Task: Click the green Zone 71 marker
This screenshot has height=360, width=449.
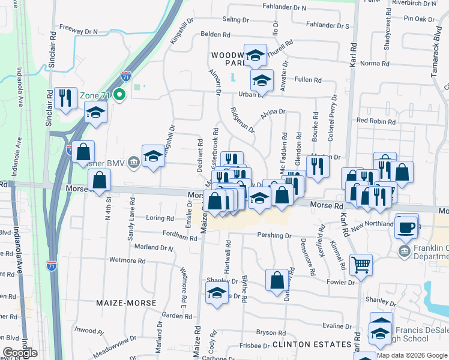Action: tap(119, 95)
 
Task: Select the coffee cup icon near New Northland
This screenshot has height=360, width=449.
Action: tap(407, 227)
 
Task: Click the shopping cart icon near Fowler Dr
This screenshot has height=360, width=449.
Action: tap(361, 264)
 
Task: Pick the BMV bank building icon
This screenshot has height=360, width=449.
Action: tap(133, 160)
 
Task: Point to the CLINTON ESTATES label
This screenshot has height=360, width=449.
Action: tap(312, 344)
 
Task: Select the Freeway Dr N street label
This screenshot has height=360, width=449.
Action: tap(79, 31)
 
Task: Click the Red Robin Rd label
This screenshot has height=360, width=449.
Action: tap(376, 121)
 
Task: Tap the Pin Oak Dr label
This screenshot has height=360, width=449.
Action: tap(419, 19)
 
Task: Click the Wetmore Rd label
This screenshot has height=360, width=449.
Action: tap(127, 261)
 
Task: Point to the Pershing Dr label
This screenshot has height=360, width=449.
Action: tap(274, 236)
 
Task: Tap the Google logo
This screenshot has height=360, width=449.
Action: tap(20, 352)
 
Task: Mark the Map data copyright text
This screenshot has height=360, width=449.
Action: tap(411, 355)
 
